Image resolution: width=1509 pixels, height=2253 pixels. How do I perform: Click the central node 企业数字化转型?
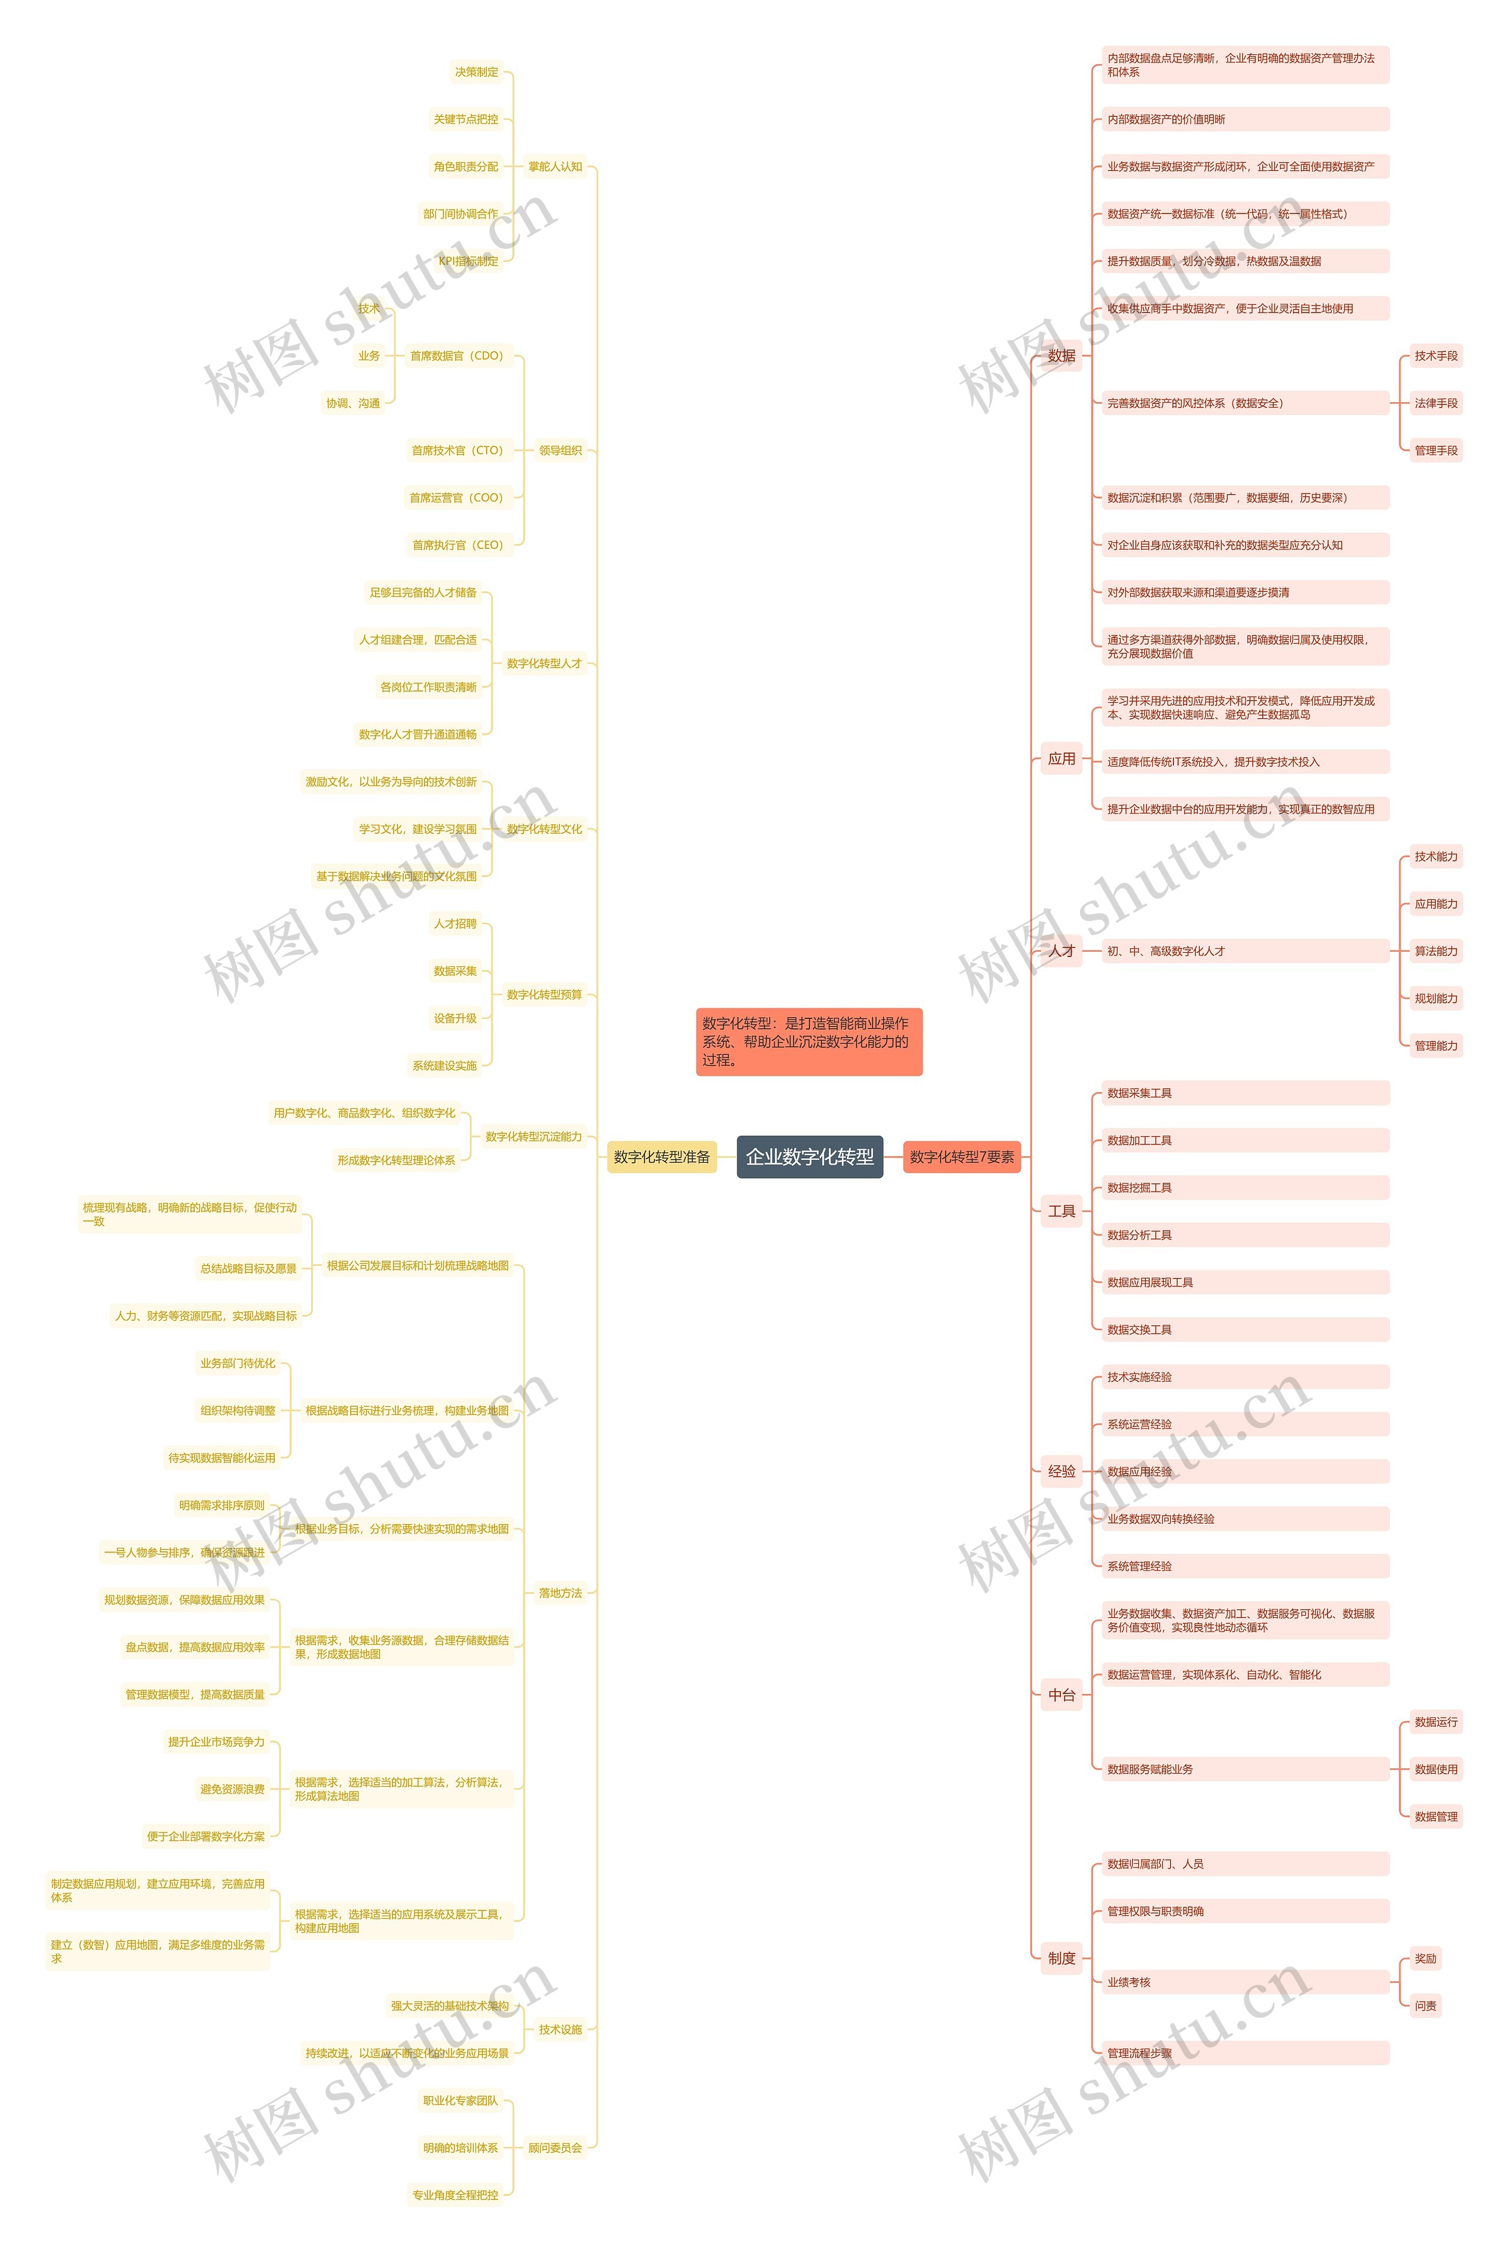coord(809,1157)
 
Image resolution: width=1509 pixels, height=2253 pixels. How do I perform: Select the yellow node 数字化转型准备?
coord(661,1157)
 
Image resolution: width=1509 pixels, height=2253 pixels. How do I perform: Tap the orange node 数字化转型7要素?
coord(961,1157)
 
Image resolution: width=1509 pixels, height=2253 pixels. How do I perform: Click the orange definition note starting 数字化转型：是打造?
coord(808,1041)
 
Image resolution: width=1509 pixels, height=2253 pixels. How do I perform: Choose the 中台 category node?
coord(1062,1695)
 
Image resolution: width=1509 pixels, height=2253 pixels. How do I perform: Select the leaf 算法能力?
coord(1435,951)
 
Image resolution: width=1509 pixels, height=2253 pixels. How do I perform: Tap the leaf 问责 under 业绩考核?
coord(1425,2006)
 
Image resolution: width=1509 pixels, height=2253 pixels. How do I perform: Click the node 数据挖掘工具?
coord(1139,1188)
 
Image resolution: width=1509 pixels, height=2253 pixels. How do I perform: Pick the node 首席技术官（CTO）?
coord(457,450)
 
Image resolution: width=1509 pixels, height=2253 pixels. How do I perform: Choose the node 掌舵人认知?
coord(555,166)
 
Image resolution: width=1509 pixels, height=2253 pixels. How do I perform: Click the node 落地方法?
coord(560,1593)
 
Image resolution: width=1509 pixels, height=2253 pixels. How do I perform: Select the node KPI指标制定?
coord(469,261)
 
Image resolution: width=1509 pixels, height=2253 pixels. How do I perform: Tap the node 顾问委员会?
coord(555,2147)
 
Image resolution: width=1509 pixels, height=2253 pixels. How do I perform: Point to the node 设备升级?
coord(455,1018)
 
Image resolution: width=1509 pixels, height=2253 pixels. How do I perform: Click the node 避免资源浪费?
coord(232,1789)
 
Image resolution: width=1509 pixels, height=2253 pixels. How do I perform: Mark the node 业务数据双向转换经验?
coord(1161,1519)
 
